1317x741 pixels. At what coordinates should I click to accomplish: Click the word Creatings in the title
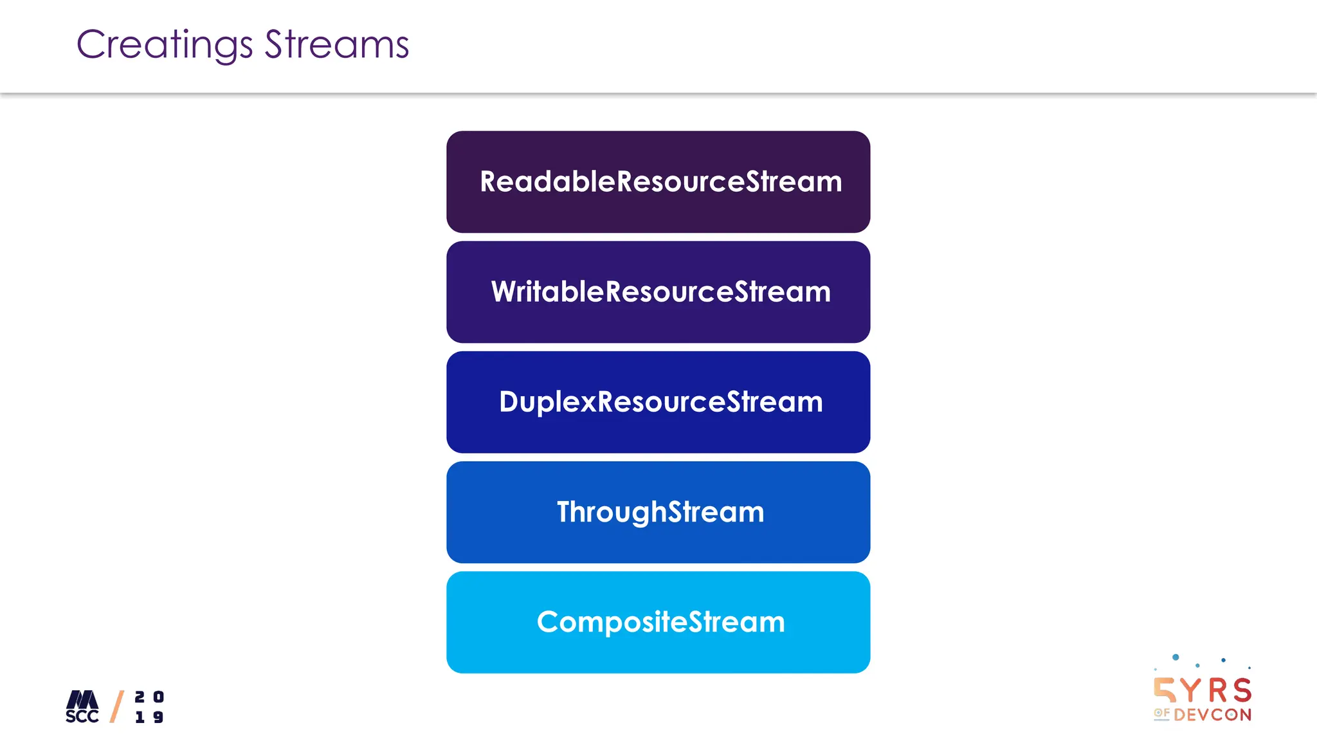165,45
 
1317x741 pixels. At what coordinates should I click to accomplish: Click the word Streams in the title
336,45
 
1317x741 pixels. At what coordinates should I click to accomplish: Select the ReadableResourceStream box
658,182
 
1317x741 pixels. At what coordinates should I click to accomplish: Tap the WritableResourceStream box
658,292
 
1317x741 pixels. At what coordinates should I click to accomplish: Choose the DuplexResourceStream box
658,402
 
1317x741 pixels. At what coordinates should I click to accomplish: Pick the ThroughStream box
658,512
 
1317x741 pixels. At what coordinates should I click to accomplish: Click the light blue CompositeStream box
658,622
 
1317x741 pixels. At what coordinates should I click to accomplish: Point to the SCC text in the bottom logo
82,717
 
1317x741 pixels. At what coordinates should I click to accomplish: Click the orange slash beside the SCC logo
117,706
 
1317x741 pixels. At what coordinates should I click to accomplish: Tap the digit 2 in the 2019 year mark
140,697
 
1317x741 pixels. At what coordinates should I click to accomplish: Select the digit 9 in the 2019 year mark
158,717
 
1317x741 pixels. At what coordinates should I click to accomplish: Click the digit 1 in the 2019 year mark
140,717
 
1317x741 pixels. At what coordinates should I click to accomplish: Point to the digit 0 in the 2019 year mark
158,697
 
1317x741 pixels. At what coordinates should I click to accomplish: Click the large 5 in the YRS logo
1165,690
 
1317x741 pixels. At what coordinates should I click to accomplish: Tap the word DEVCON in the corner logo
1212,715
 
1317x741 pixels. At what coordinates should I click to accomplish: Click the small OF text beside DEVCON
1161,713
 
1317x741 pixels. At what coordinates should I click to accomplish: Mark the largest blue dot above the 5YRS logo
1176,657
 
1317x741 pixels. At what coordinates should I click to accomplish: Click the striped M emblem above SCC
83,699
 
